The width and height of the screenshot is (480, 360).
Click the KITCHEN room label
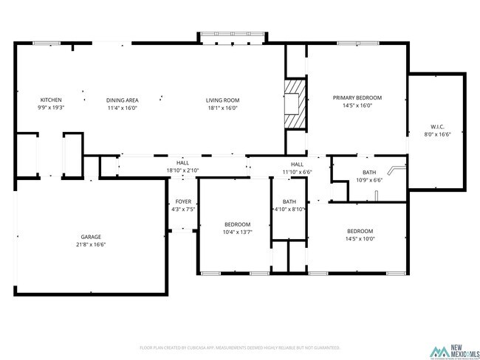pos(51,100)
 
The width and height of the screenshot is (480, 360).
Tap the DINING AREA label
pos(122,100)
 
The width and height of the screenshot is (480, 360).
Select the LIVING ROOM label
pos(222,100)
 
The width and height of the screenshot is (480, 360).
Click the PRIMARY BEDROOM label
pos(357,97)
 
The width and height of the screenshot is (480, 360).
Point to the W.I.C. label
pos(437,126)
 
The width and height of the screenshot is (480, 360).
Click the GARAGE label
pos(91,237)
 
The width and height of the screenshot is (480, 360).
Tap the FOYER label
pos(183,201)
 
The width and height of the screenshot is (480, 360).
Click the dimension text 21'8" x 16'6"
pos(91,244)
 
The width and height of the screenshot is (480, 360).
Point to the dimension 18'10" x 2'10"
pos(182,170)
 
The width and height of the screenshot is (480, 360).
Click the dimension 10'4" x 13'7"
pos(238,232)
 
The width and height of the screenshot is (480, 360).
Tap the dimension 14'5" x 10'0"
pos(360,238)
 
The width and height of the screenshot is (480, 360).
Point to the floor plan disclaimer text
pos(239,347)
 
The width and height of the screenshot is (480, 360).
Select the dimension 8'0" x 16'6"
pos(437,134)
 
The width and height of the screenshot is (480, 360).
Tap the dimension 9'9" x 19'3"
pos(51,108)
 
